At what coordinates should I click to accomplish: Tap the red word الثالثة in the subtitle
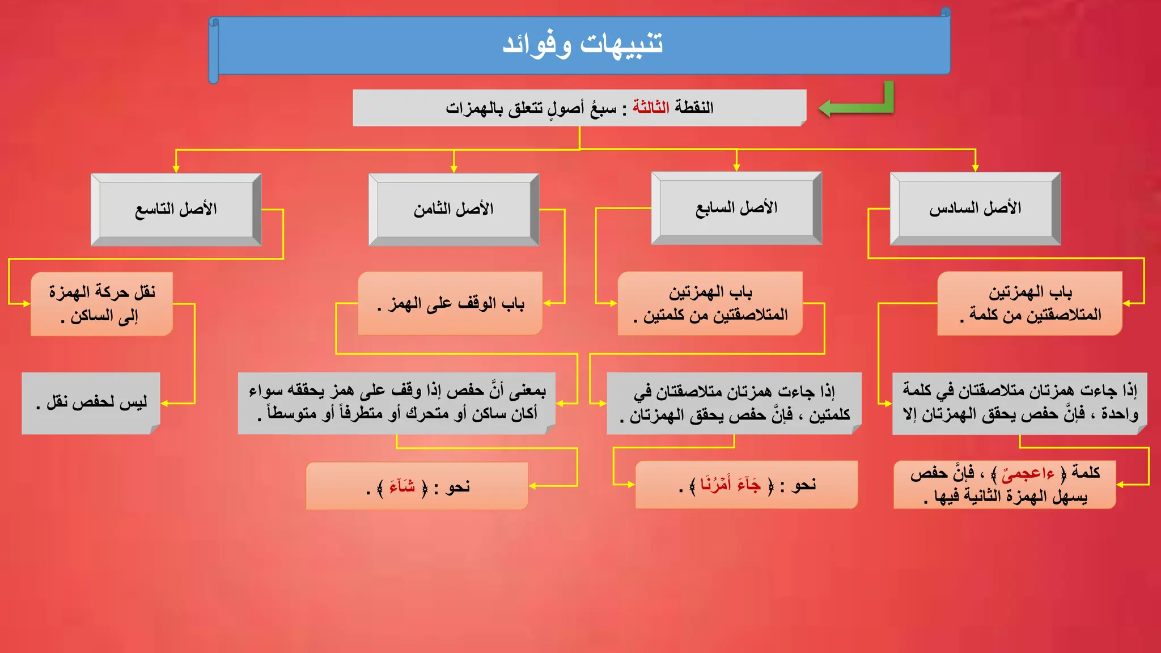(651, 107)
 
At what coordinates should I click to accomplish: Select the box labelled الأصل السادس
(975, 209)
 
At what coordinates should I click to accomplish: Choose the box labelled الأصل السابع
(736, 208)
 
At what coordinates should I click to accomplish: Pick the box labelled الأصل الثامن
(454, 209)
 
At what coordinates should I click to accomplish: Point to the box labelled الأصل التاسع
(176, 209)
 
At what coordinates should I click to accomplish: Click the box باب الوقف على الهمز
(451, 304)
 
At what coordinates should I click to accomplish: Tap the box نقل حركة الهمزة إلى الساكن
(102, 304)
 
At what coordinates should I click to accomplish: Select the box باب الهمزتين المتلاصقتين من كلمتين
(710, 303)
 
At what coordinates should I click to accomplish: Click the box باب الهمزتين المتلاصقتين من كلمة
(1030, 303)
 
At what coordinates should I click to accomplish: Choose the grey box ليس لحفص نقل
(91, 402)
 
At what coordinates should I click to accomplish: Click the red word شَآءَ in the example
(402, 486)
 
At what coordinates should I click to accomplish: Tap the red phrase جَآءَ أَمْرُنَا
(730, 485)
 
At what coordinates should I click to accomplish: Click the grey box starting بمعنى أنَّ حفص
(397, 402)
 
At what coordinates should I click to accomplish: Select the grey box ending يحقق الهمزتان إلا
(1019, 402)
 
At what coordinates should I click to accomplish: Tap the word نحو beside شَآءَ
(457, 486)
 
